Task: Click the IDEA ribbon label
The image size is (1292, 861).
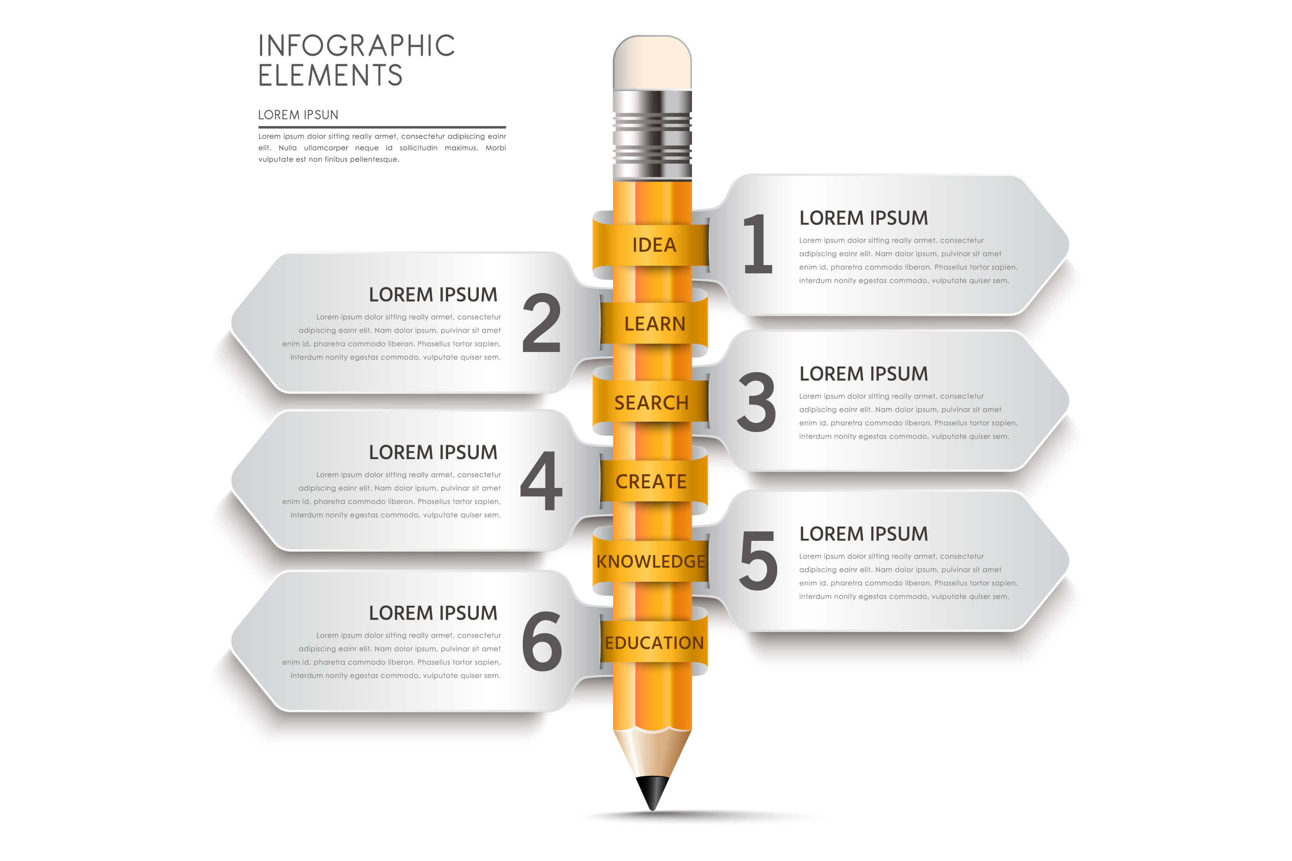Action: click(x=654, y=245)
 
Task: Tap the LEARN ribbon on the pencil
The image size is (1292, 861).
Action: click(x=654, y=324)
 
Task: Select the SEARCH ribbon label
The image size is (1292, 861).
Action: click(x=651, y=403)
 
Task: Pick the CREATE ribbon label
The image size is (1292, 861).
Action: click(x=651, y=482)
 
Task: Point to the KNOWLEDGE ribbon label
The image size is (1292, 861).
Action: click(x=651, y=561)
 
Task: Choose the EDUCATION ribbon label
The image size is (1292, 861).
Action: click(x=654, y=642)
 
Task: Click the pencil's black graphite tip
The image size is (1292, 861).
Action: click(x=653, y=792)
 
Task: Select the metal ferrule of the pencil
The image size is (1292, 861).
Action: click(x=652, y=135)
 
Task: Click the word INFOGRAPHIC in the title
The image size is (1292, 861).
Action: click(x=356, y=46)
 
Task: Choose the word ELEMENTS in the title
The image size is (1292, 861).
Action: click(x=331, y=75)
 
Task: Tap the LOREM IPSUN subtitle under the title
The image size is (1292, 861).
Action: click(x=298, y=115)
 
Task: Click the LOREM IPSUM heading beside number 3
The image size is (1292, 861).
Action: click(x=864, y=374)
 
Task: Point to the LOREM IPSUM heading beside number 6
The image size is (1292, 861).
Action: click(x=433, y=613)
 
